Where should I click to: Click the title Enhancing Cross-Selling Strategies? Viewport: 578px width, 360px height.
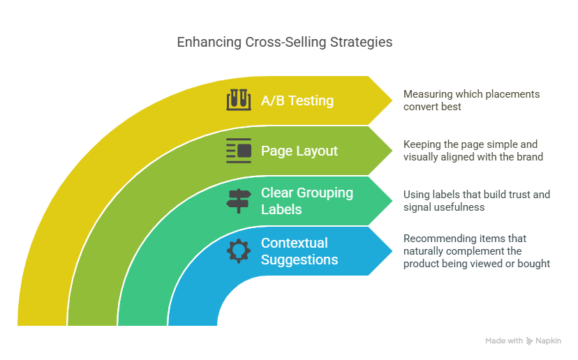tap(284, 42)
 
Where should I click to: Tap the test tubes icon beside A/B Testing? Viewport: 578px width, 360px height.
tap(239, 100)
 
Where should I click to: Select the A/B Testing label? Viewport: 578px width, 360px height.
tap(297, 100)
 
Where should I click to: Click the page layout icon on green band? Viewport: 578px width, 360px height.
tap(239, 150)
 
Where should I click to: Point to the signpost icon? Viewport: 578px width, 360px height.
tap(239, 200)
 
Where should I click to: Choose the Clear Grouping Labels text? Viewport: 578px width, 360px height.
tap(307, 200)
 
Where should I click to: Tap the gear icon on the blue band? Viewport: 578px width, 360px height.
tap(239, 250)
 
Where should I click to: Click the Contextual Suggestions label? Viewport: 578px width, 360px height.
tap(299, 251)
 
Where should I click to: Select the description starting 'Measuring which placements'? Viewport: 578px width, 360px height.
tap(471, 100)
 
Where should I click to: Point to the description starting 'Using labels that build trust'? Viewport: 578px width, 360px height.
tap(477, 200)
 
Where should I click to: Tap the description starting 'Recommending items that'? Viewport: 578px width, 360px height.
tap(476, 250)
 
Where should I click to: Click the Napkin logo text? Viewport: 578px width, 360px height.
tap(548, 340)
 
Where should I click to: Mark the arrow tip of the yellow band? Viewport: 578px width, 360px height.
tap(392, 100)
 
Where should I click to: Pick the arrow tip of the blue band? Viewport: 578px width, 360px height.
tap(392, 251)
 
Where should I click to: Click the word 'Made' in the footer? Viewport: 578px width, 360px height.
tap(496, 340)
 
